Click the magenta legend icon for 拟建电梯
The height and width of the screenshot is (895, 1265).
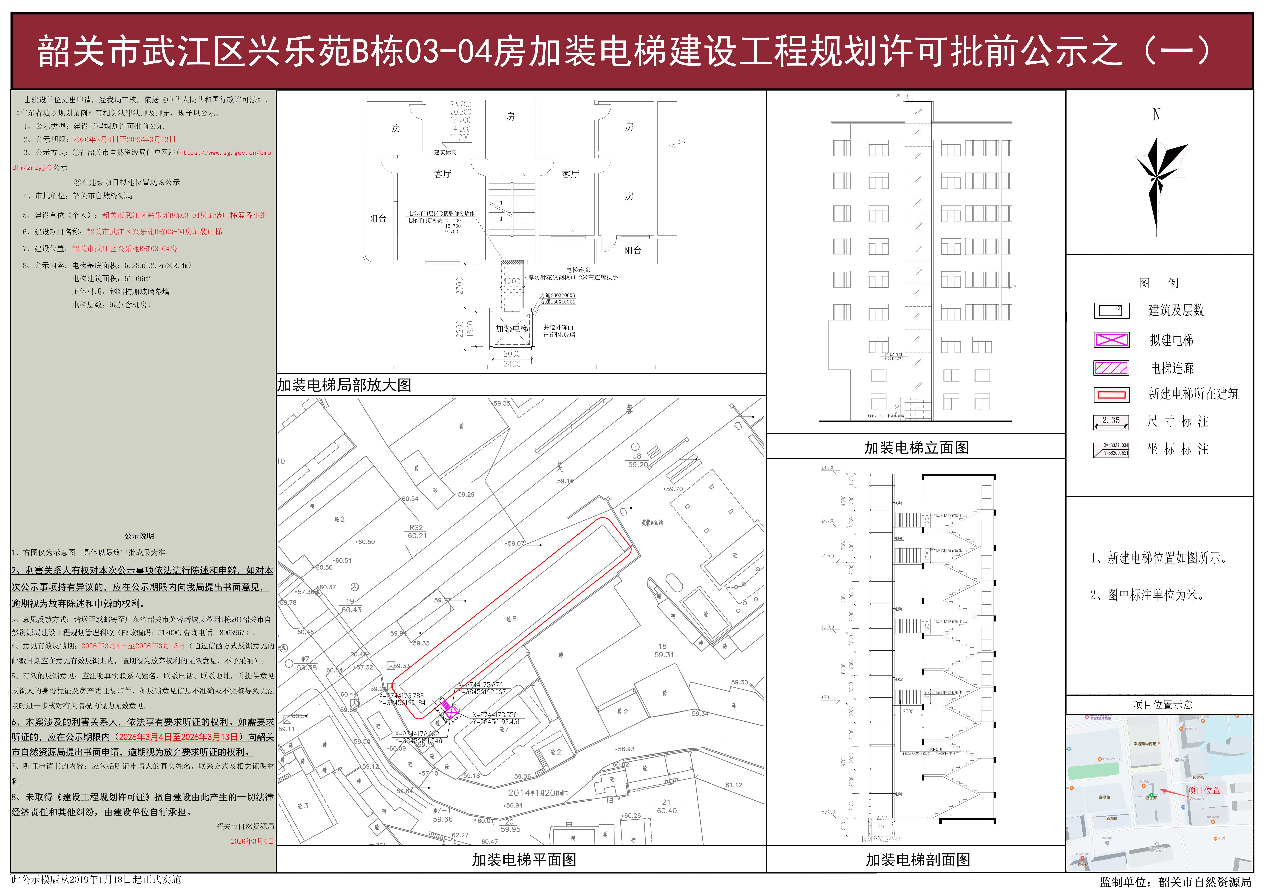(x=1111, y=340)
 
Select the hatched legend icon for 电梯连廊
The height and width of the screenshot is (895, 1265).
(x=1111, y=368)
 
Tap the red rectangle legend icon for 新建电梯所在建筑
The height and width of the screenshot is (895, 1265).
(x=1111, y=395)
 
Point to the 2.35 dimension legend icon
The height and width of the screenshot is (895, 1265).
(x=1111, y=422)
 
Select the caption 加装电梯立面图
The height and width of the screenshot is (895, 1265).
(x=916, y=448)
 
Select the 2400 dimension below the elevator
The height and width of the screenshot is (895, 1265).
(x=511, y=364)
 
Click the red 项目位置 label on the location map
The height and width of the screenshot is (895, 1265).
(x=1203, y=790)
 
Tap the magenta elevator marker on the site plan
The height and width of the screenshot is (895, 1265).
(x=450, y=713)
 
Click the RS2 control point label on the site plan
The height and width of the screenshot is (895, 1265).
(x=416, y=527)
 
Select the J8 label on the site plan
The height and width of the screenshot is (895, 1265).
(x=637, y=456)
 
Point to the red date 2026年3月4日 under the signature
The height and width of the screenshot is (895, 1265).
(x=252, y=841)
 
